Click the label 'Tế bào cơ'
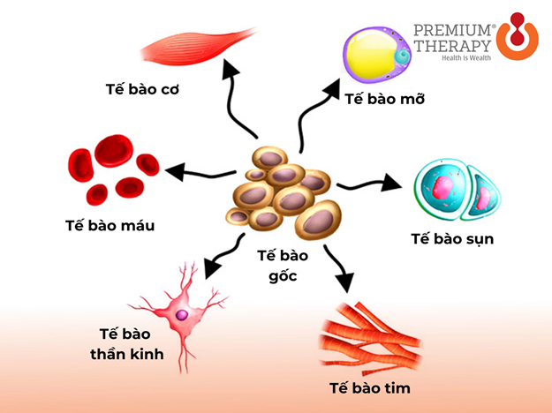pyautogui.click(x=138, y=90)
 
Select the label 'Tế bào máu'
pyautogui.click(x=110, y=225)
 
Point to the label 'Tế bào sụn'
pyautogui.click(x=452, y=238)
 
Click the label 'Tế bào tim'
pyautogui.click(x=369, y=387)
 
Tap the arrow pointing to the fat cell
pyautogui.click(x=315, y=115)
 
